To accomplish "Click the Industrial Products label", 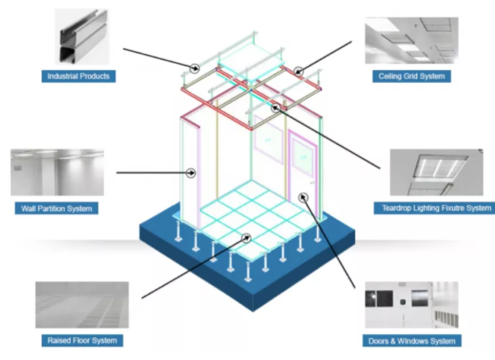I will point(79,76).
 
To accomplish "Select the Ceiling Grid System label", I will point(410,76).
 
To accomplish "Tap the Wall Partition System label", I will point(57,209).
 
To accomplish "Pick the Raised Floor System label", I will point(82,340).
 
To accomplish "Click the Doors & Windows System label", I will point(411,341).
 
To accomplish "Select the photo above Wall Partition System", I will point(57,173).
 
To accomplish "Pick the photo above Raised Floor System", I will point(82,305).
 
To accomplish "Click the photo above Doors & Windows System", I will point(412,306).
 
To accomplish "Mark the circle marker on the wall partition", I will point(191,172).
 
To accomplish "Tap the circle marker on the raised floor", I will point(247,237).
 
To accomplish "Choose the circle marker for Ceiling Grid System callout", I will point(299,72).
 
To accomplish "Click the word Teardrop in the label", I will point(395,208).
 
